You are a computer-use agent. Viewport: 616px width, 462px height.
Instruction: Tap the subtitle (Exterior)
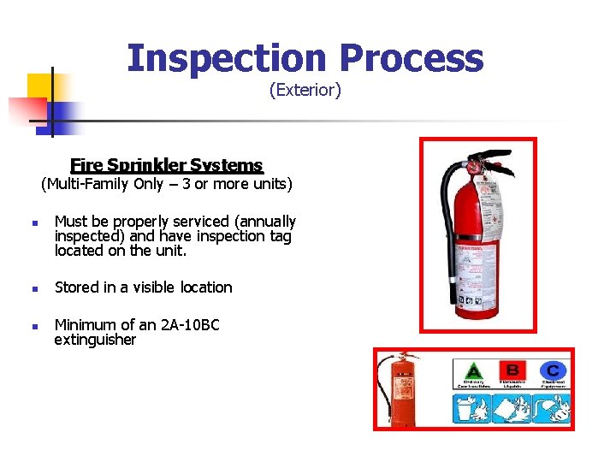(305, 90)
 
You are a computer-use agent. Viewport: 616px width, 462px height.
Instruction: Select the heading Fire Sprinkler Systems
(167, 165)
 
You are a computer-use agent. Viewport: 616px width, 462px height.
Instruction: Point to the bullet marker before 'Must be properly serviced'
(29, 223)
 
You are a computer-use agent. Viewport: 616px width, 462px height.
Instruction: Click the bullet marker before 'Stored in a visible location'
(29, 288)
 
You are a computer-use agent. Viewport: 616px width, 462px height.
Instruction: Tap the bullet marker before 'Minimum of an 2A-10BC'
(29, 326)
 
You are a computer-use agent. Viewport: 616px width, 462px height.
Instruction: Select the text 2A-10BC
(191, 325)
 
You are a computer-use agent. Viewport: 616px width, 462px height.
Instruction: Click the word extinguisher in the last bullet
(95, 341)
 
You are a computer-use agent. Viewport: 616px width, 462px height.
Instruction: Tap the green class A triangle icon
(472, 371)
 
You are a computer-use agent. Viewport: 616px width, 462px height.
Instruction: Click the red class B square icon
(512, 370)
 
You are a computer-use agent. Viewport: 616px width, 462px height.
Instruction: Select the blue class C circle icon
(553, 370)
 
